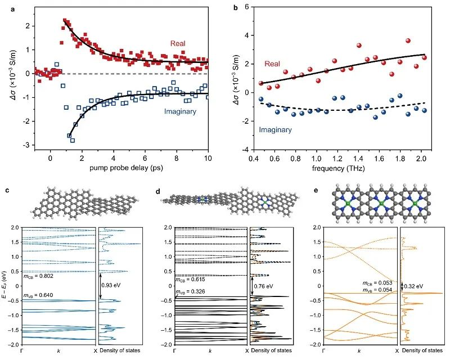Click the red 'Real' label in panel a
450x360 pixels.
pos(181,43)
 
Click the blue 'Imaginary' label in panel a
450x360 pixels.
pos(180,111)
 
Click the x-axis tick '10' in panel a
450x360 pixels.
pos(208,159)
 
